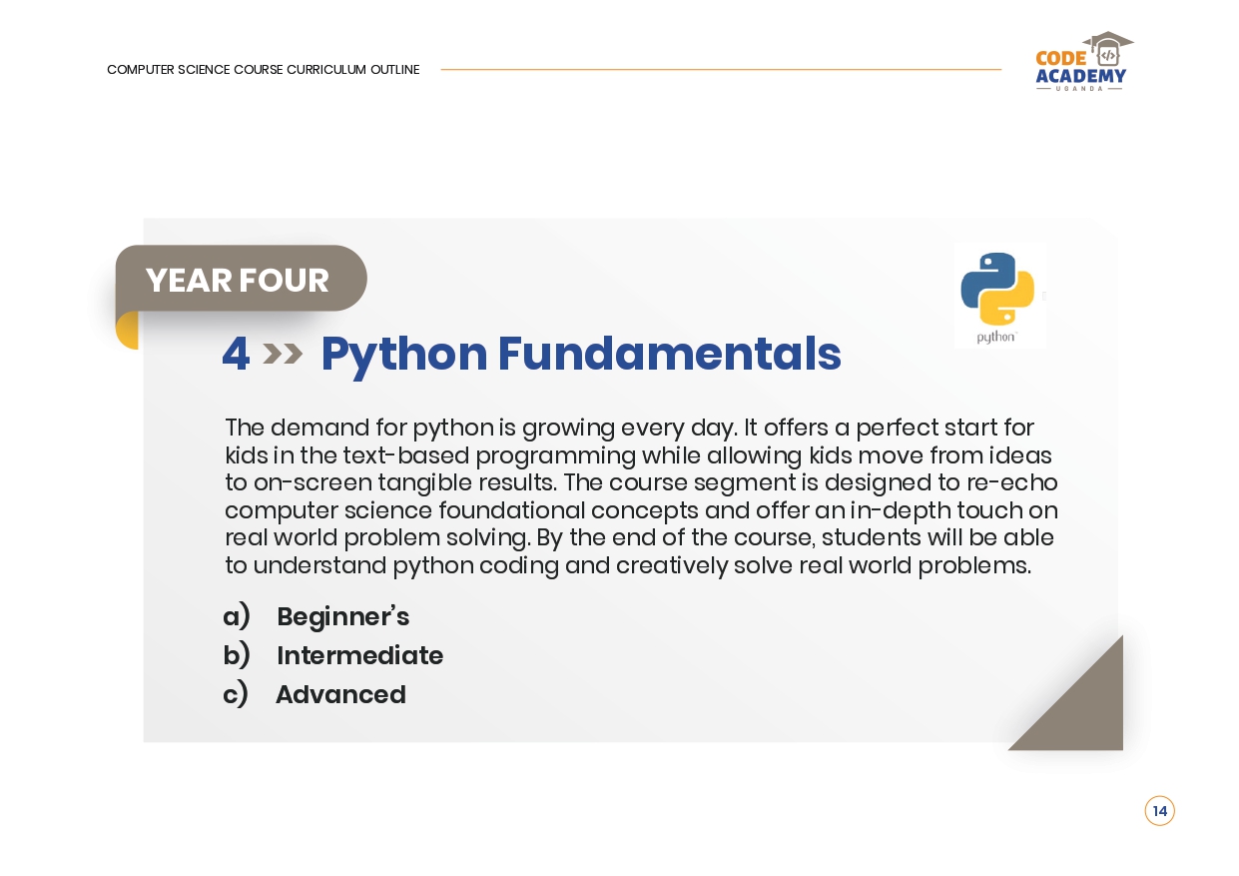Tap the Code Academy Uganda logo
coord(1082,61)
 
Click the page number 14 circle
coord(1159,811)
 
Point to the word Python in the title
coord(403,357)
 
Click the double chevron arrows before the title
coord(283,355)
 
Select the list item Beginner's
coord(342,617)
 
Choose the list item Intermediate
coord(360,655)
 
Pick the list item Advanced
coord(340,694)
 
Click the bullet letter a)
coord(237,616)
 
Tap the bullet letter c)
coord(236,694)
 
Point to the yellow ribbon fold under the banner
coord(126,331)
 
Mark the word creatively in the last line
coord(672,566)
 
